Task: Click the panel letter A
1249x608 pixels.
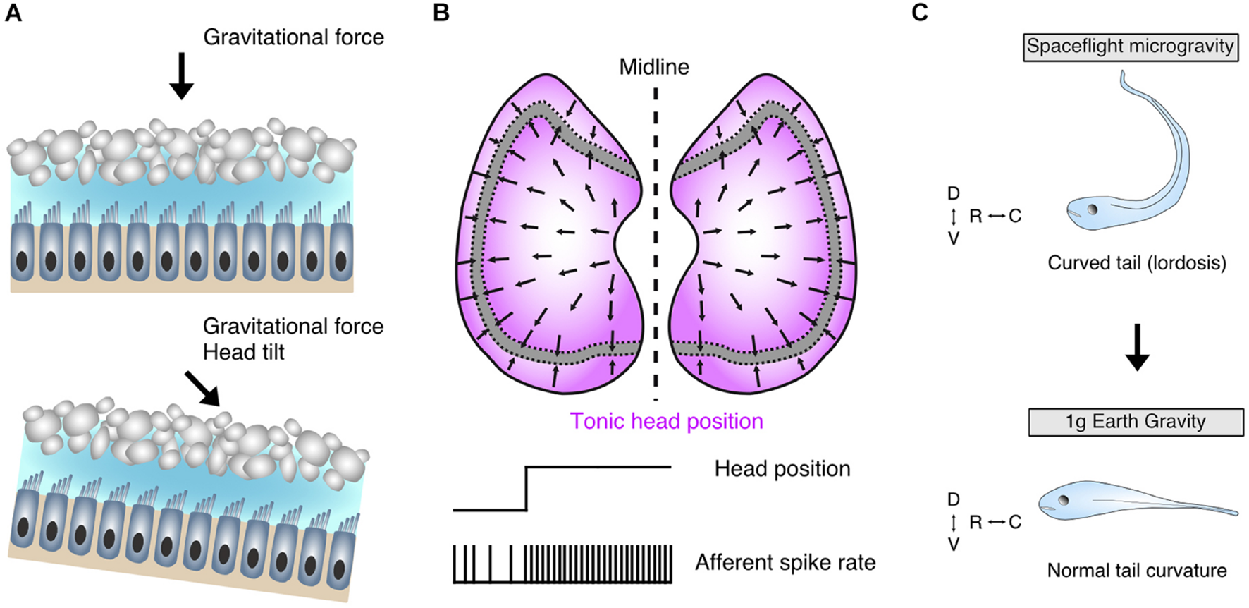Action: [13, 13]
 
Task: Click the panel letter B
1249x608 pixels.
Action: [441, 13]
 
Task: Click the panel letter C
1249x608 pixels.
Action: [920, 13]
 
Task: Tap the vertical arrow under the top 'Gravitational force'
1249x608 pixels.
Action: [181, 75]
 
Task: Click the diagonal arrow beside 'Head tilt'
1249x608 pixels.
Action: [202, 389]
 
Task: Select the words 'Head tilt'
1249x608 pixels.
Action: [243, 352]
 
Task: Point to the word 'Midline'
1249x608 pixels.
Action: [654, 67]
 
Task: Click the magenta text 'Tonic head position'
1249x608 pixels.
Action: [666, 421]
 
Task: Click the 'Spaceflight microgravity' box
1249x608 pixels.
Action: [1130, 47]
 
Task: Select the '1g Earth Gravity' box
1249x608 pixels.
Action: [1136, 422]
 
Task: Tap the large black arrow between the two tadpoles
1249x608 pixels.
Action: [1137, 347]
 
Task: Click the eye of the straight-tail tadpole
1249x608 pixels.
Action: [1063, 500]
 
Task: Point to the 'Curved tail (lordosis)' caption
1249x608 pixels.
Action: [1136, 263]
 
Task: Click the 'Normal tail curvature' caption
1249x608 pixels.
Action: [1136, 570]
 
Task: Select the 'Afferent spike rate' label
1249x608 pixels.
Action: [785, 562]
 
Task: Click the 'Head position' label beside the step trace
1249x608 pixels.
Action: [782, 468]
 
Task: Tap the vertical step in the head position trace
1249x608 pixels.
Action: [527, 488]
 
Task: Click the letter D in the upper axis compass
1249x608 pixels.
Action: [953, 193]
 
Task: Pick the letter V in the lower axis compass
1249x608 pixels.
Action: [953, 545]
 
